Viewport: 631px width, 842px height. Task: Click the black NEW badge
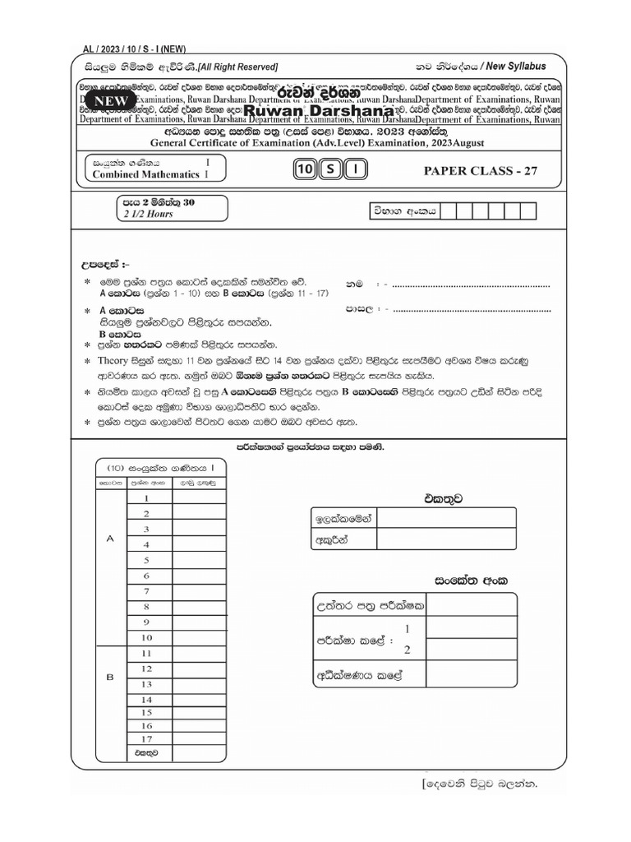point(112,100)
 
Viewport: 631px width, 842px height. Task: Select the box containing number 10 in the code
point(305,170)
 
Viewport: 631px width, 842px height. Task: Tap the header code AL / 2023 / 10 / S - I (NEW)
point(135,49)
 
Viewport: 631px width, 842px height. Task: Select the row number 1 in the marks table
point(147,497)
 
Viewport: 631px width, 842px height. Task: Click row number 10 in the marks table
point(147,637)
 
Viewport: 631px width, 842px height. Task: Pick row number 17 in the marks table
point(147,739)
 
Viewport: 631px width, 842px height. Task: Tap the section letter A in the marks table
point(109,538)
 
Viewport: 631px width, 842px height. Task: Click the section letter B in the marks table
point(109,678)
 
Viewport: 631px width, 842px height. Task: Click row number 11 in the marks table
point(147,653)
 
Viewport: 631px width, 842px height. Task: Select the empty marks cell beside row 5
point(198,560)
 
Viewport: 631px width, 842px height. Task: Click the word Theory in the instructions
point(115,361)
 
